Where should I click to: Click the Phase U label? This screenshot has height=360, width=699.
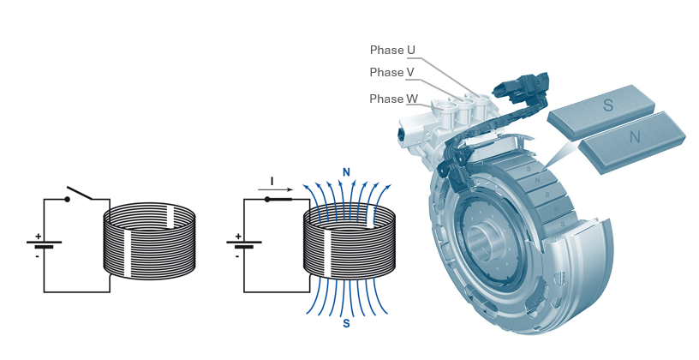(392, 51)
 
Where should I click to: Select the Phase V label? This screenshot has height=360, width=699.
(392, 73)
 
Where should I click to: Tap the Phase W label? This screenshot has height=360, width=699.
(393, 99)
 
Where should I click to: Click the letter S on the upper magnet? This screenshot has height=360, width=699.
(608, 105)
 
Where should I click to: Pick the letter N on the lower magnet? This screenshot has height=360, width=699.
(635, 137)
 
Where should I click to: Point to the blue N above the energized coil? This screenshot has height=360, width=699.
(346, 172)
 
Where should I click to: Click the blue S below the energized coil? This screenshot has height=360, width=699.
(346, 324)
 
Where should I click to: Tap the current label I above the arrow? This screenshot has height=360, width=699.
(272, 181)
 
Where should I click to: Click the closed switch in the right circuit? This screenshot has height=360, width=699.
(279, 200)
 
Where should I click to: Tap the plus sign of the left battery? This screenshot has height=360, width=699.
(38, 236)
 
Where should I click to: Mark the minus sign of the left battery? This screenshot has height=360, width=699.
(38, 255)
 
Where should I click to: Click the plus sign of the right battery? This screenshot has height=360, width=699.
(238, 236)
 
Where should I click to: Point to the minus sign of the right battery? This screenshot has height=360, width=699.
(238, 255)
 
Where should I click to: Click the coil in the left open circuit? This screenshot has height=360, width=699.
(149, 240)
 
